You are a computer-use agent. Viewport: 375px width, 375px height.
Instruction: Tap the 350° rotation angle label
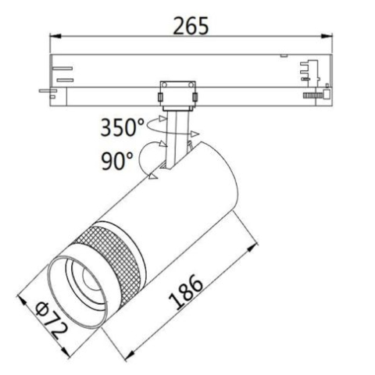pyautogui.click(x=123, y=127)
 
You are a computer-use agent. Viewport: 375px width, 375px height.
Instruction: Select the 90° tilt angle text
pyautogui.click(x=116, y=162)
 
